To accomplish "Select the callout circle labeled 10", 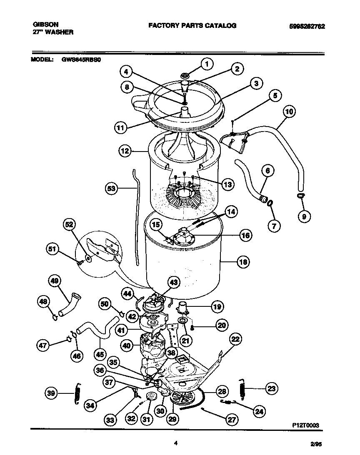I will (289, 112).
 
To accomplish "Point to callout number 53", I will (111, 189).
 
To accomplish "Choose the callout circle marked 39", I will (51, 393).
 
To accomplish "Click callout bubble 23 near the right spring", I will (271, 388).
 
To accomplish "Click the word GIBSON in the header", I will (45, 25).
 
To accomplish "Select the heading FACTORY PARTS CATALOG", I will (192, 25).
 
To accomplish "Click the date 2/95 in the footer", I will (317, 445).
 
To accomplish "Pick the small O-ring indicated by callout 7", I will (270, 203).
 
